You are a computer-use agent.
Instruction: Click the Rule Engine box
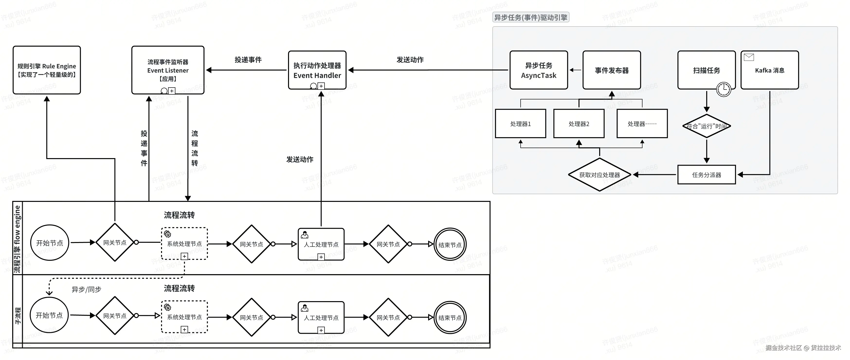point(46,70)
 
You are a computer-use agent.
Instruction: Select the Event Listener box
point(168,70)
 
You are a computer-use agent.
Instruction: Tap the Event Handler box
point(317,70)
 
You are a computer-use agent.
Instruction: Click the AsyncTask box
point(539,70)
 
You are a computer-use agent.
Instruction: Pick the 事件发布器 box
point(611,70)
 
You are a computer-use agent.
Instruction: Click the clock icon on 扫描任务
point(724,89)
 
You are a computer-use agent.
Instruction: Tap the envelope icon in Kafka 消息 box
point(749,57)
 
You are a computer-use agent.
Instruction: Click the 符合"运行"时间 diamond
point(706,126)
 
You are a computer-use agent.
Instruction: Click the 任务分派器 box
point(706,175)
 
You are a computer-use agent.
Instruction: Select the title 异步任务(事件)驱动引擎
point(531,18)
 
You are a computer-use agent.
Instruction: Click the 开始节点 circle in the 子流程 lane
point(49,315)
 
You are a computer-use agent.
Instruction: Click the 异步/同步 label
point(86,289)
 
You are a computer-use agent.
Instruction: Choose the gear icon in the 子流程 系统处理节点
point(168,307)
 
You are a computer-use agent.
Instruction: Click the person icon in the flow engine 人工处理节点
point(305,235)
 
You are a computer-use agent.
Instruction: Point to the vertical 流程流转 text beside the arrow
point(195,148)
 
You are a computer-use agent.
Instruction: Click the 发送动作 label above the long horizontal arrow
point(410,60)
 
